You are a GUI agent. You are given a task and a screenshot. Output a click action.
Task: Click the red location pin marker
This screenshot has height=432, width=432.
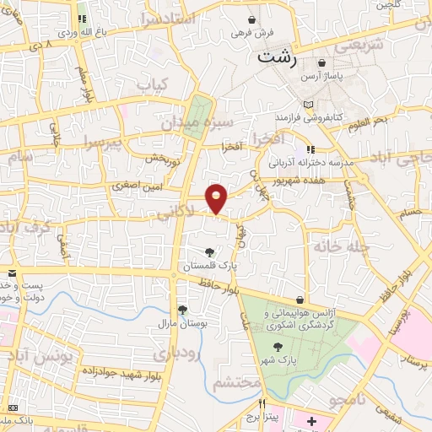pos(217,197)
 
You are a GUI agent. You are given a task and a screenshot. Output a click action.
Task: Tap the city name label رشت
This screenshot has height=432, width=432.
pos(278,58)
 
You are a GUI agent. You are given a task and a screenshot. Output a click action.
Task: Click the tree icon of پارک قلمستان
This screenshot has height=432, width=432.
pos(210,251)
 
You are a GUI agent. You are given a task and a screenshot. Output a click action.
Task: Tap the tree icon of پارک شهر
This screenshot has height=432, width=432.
pos(278,346)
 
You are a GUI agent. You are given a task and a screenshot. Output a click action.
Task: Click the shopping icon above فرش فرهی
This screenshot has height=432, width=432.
pos(252,19)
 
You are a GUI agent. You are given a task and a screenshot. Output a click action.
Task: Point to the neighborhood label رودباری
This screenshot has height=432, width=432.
pos(181,353)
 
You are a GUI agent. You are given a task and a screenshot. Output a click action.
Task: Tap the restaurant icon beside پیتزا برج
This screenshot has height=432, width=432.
pos(262,402)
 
